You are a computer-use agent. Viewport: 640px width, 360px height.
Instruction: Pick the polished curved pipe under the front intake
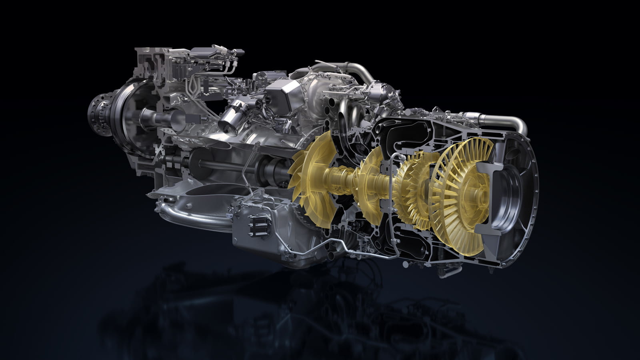188,216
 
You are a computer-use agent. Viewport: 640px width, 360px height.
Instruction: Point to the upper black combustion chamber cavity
404,132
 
